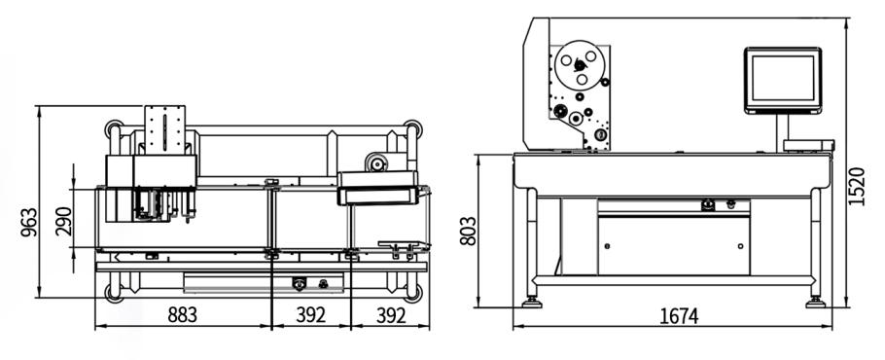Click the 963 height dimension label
pos(29,222)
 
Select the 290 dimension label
pos(63,221)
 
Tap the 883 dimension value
pos(182,315)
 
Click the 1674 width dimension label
pos(679,316)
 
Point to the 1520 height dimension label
pos(856,186)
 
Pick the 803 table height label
pos(468,231)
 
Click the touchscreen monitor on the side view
pos(782,80)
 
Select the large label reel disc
pos(580,65)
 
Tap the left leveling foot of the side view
pos(532,303)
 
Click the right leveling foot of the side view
pos(816,303)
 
